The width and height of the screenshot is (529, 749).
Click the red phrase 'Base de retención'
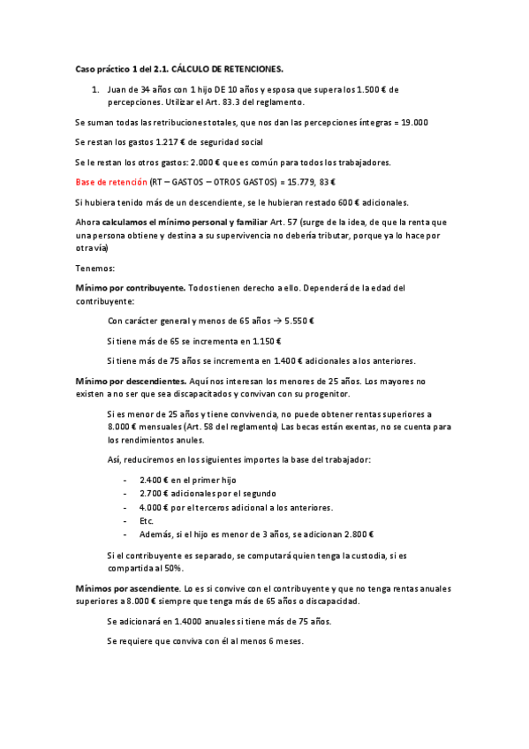point(110,181)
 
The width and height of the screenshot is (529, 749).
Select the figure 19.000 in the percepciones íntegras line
point(413,123)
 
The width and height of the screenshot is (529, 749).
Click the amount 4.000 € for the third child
point(154,507)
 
